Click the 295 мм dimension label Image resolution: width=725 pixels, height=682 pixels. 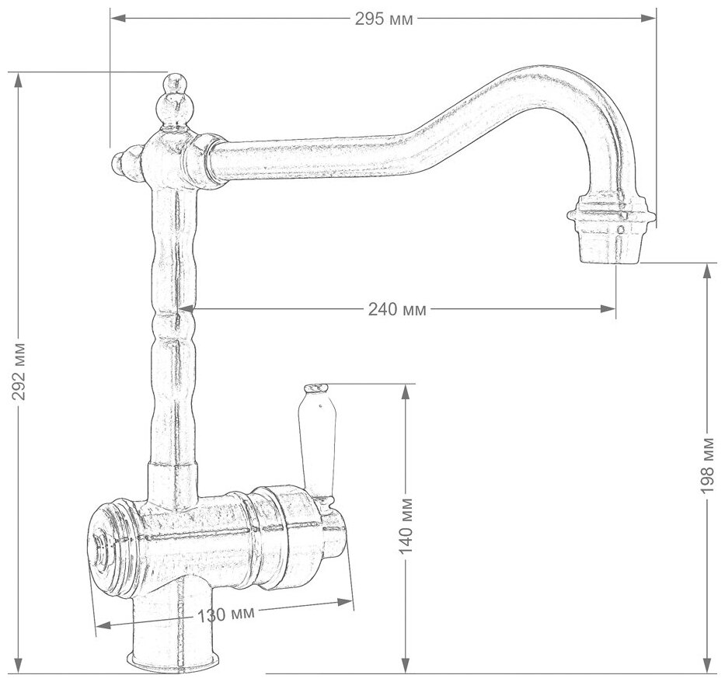pyautogui.click(x=384, y=19)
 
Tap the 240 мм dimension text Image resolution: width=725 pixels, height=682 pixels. pyautogui.click(x=397, y=309)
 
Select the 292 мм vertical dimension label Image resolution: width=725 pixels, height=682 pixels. pyautogui.click(x=19, y=378)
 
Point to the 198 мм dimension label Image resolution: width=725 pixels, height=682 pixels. pyautogui.click(x=707, y=465)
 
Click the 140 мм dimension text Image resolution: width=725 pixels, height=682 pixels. pyautogui.click(x=406, y=526)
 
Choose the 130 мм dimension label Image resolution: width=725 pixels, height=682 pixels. pyautogui.click(x=226, y=614)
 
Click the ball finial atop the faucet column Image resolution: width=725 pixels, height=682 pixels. pyautogui.click(x=173, y=103)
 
